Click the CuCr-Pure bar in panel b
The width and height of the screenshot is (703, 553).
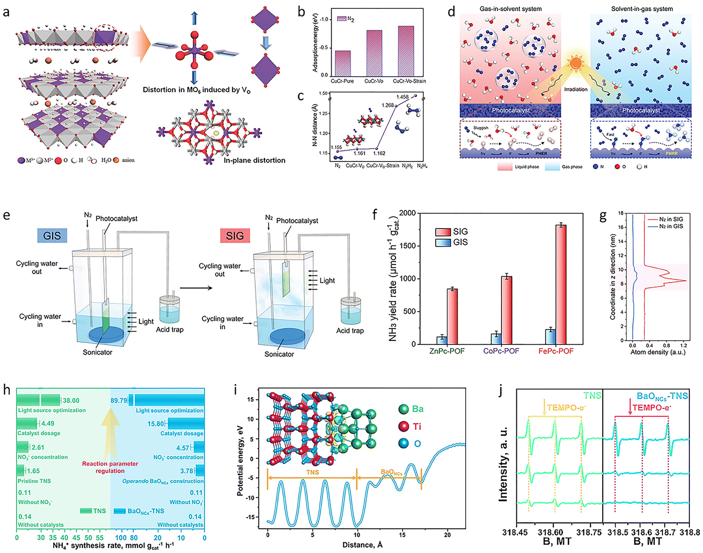[x=342, y=63]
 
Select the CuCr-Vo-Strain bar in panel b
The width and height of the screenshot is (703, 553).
[x=406, y=51]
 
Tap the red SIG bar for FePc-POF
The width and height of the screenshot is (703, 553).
[x=561, y=284]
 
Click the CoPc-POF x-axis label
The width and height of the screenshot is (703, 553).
[x=501, y=351]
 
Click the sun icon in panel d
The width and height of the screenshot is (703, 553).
[x=575, y=63]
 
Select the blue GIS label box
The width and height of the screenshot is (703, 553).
[x=52, y=236]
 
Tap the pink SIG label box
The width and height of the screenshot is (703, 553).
[x=235, y=236]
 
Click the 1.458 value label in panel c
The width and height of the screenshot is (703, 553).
[x=402, y=97]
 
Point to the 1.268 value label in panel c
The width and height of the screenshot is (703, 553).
[x=388, y=105]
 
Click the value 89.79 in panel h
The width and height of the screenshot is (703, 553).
[x=118, y=400]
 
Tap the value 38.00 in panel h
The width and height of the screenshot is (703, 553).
[x=71, y=400]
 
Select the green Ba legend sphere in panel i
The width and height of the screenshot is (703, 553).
[x=404, y=409]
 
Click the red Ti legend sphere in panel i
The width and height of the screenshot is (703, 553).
[x=404, y=426]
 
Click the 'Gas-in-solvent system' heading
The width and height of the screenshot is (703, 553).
[x=510, y=9]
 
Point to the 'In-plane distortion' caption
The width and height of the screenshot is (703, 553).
[x=254, y=160]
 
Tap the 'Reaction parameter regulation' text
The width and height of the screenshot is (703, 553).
[x=110, y=467]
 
